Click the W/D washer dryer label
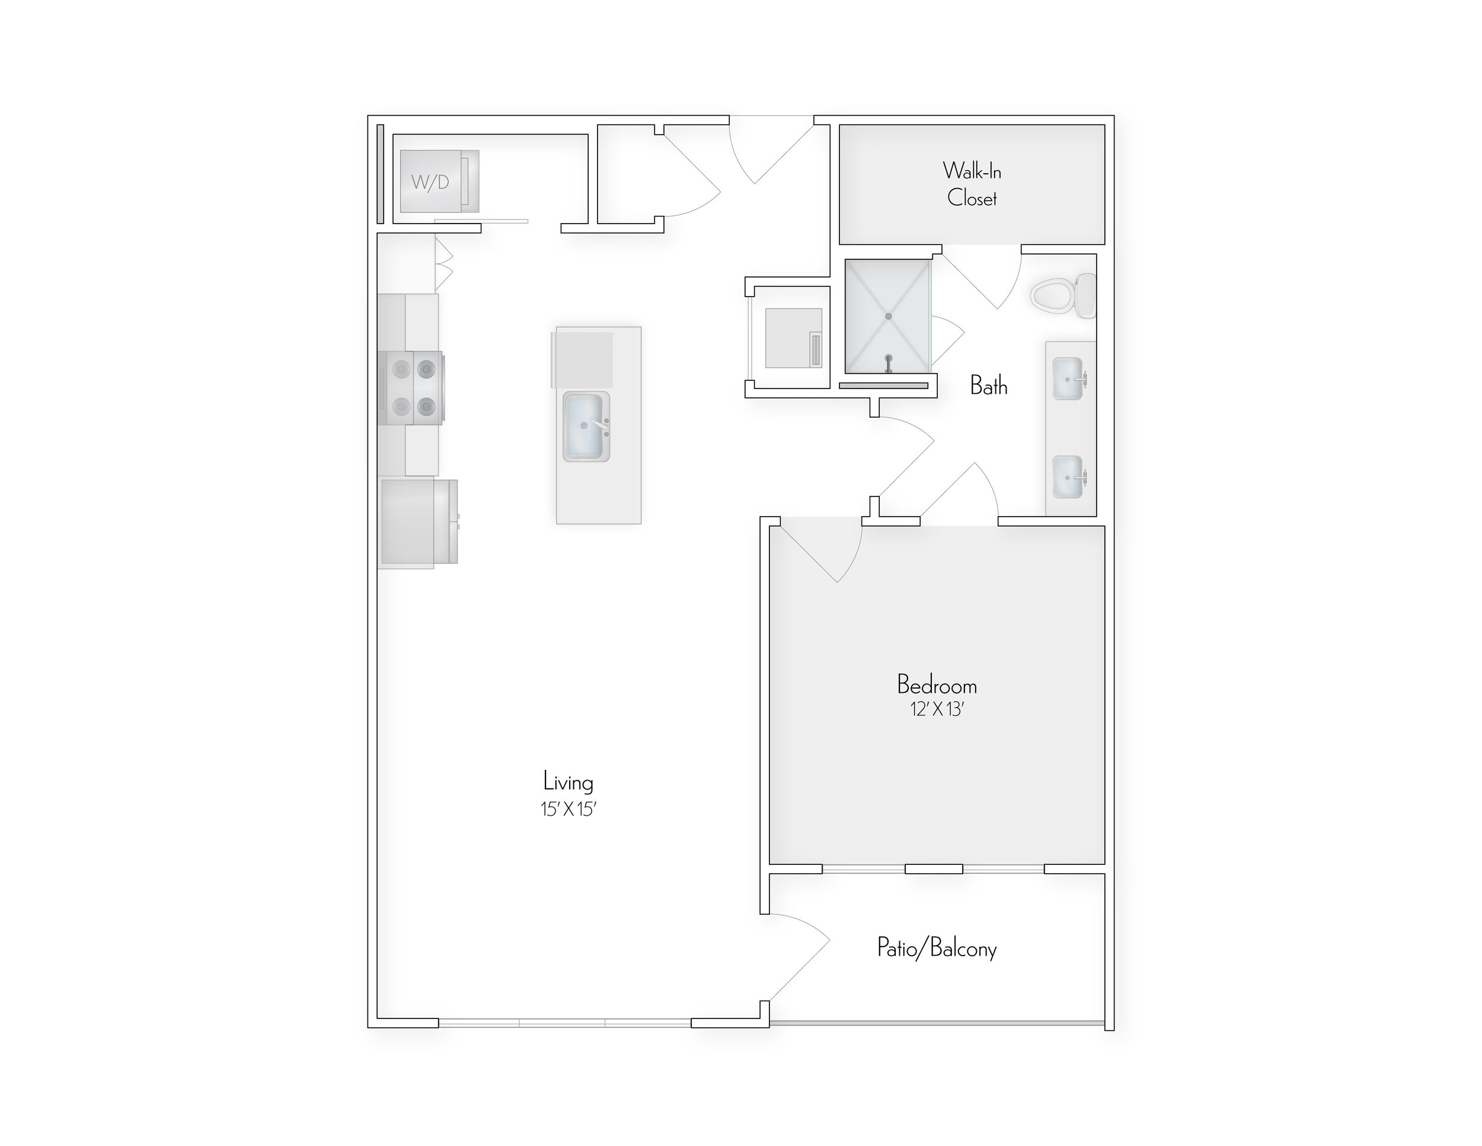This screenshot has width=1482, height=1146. click(430, 182)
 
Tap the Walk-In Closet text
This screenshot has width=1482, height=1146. click(972, 184)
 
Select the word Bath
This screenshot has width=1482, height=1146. click(989, 386)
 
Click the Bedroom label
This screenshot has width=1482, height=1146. click(937, 685)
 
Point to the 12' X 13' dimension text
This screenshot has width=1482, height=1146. click(937, 709)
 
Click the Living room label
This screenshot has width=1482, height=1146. click(568, 782)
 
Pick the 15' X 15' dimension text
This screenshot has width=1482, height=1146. click(568, 808)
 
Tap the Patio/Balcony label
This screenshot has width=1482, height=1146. click(937, 948)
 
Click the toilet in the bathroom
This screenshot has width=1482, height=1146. click(1062, 296)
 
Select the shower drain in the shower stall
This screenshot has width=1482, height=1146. click(888, 316)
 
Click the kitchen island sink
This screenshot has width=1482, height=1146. click(586, 426)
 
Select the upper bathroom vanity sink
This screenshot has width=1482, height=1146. click(1068, 379)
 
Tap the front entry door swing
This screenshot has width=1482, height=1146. click(774, 153)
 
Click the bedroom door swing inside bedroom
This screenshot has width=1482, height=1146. click(825, 550)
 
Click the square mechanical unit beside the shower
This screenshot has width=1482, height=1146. click(793, 338)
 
